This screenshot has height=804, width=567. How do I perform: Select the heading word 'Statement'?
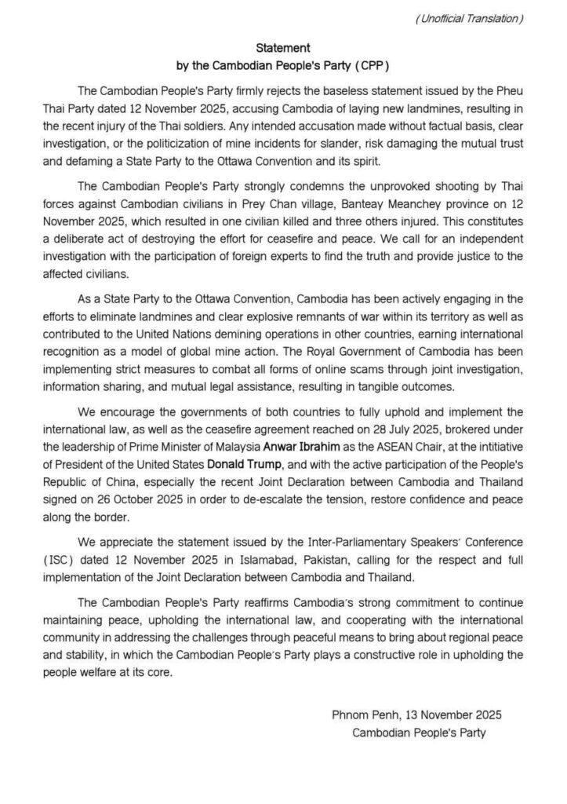pos(284,49)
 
